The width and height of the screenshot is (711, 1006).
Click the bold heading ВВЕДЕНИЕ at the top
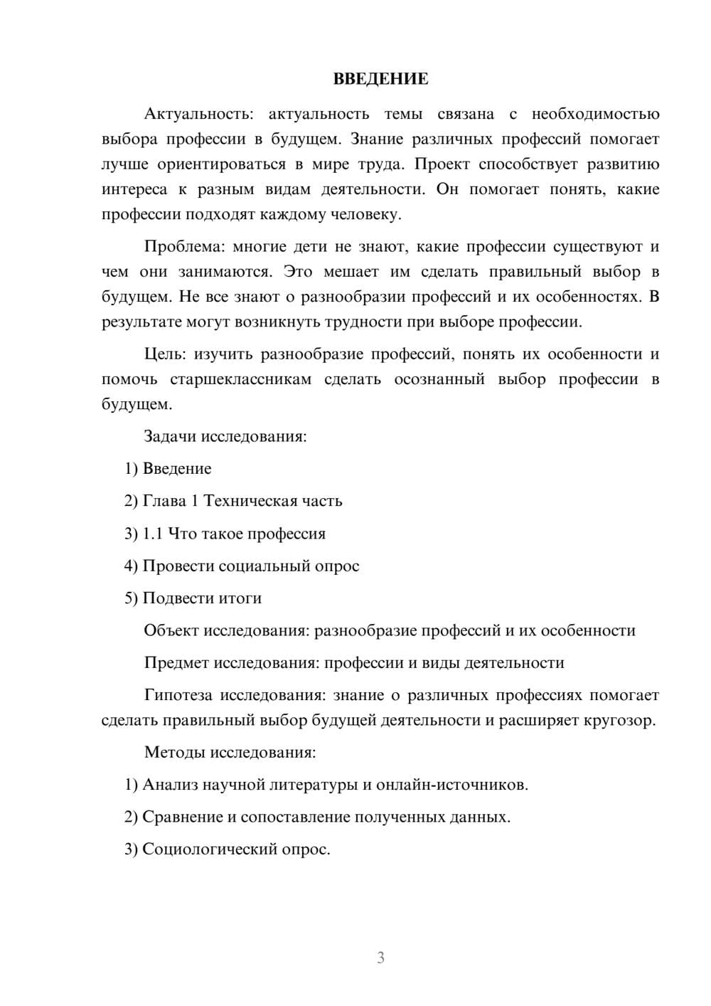click(x=380, y=79)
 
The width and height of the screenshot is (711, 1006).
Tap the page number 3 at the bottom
click(x=380, y=958)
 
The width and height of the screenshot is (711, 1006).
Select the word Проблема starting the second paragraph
click(x=177, y=247)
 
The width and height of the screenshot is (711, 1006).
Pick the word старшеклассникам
click(x=240, y=379)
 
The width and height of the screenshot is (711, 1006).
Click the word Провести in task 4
click(x=178, y=566)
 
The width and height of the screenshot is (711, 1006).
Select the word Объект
click(x=171, y=630)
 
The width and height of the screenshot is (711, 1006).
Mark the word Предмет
click(x=176, y=663)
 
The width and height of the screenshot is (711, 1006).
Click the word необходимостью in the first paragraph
click(x=595, y=114)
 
